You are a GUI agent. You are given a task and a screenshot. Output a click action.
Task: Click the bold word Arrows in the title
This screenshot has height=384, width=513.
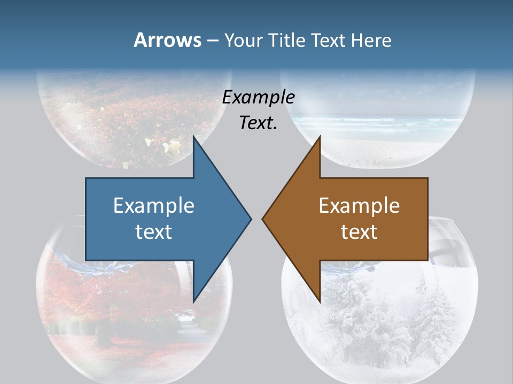point(167,40)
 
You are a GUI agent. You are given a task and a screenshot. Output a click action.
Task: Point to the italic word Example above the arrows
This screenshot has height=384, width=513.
point(259,97)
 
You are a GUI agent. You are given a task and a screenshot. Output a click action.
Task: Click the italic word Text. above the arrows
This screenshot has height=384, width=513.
point(259,123)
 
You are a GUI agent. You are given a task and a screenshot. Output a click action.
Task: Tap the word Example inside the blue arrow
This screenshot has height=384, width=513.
point(154,205)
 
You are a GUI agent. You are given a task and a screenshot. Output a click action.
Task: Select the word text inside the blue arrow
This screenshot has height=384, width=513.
point(154,231)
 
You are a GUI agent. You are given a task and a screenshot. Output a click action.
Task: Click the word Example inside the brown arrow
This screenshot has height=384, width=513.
point(359,205)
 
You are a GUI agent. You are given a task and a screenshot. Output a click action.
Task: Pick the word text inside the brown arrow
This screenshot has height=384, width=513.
point(359,231)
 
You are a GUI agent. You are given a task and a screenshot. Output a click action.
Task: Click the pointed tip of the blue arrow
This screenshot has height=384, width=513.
point(250,218)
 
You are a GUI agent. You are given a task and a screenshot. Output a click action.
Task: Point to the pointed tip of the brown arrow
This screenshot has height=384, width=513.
point(263,218)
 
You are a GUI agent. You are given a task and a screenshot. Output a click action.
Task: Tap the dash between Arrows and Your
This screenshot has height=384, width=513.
point(212,41)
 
